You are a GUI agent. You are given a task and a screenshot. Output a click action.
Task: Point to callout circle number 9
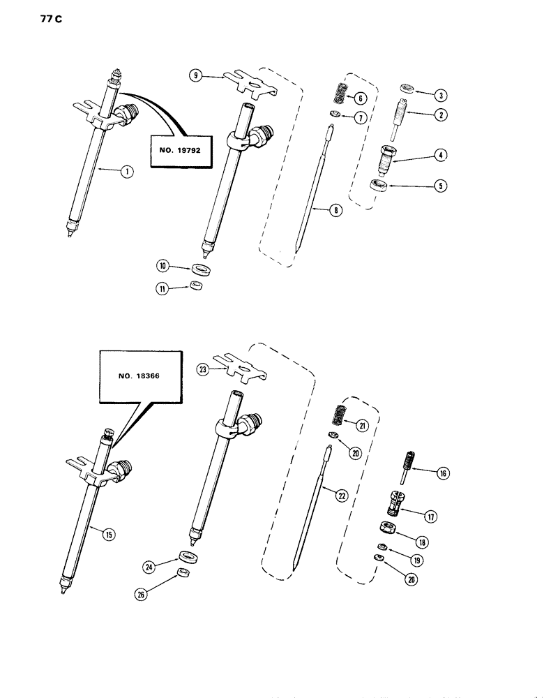pos(196,77)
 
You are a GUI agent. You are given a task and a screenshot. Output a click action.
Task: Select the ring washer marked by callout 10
pos(202,269)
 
